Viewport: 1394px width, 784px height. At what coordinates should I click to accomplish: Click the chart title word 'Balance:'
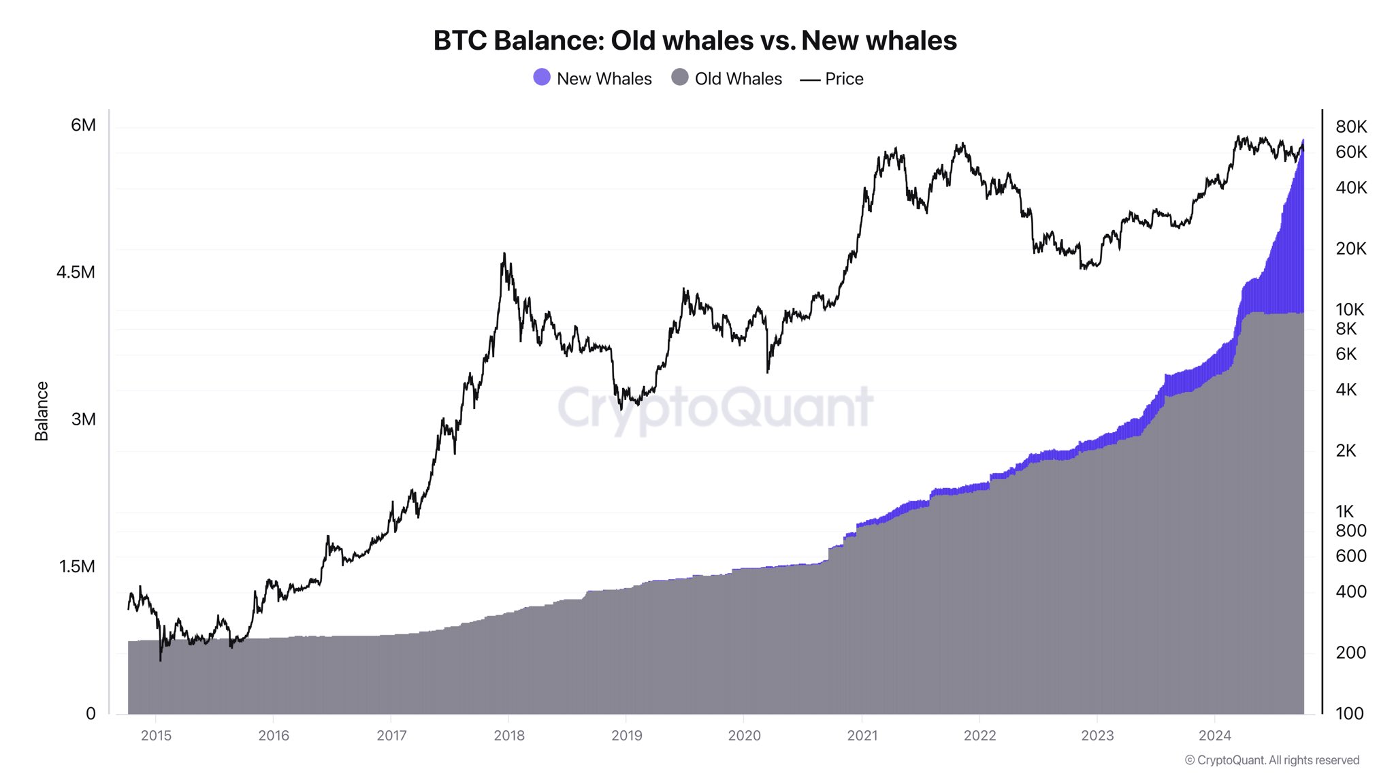(549, 41)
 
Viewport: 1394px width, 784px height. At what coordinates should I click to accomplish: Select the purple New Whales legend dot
(542, 78)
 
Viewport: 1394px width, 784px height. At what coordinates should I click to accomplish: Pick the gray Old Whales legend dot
(680, 78)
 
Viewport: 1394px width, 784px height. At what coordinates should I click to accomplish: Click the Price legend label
(844, 79)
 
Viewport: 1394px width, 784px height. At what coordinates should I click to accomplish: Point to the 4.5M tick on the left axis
(76, 272)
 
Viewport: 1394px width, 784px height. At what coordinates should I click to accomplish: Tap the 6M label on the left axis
(83, 125)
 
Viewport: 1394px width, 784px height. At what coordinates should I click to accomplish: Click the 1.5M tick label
(77, 566)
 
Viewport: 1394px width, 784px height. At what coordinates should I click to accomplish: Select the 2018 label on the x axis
(509, 736)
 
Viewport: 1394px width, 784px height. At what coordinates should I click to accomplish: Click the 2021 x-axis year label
(862, 736)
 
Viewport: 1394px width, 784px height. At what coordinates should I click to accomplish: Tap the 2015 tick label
(156, 736)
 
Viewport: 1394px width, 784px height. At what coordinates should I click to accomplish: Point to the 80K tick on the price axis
(1351, 127)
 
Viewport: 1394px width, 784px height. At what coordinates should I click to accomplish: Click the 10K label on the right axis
(1350, 310)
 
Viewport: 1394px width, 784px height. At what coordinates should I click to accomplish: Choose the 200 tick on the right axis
(1350, 653)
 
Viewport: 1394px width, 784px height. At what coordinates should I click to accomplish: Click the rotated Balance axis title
(42, 411)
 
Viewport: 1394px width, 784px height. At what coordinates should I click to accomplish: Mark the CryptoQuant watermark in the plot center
(715, 407)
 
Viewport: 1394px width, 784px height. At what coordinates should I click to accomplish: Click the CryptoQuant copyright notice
(1271, 760)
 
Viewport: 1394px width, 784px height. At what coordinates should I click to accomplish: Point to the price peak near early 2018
(504, 255)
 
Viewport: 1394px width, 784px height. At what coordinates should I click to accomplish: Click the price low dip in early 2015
(161, 659)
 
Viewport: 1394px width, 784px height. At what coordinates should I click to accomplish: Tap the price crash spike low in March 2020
(767, 372)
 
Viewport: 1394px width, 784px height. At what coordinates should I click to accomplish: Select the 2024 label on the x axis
(1215, 736)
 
